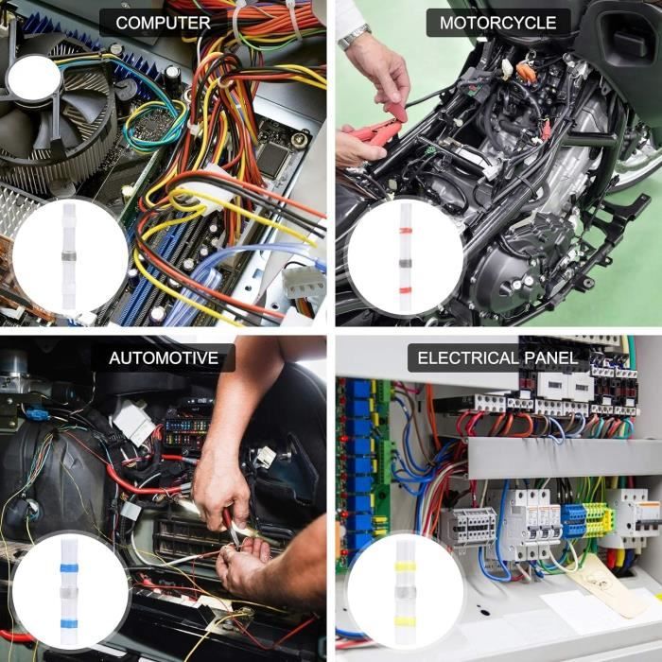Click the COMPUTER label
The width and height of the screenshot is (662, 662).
162,23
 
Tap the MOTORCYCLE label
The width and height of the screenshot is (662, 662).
498,23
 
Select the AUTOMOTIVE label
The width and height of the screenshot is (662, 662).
170,358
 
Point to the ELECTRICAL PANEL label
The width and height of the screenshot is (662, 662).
497,358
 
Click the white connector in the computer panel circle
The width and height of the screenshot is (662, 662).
70,256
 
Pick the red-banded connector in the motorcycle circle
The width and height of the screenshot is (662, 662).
406,256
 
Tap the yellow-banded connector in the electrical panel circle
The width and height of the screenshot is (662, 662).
406,590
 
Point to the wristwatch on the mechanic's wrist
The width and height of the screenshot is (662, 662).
354,37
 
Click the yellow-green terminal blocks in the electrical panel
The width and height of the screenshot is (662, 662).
586,519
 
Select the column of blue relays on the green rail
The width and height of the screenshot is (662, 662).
358,454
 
